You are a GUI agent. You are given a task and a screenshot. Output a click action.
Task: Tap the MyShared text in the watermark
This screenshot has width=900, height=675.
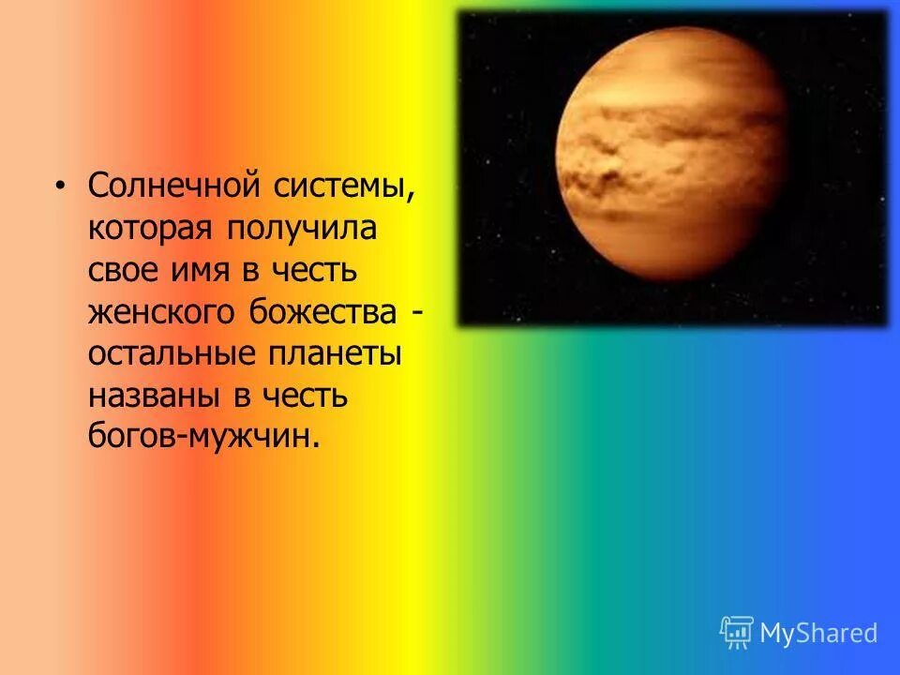tap(818, 633)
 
